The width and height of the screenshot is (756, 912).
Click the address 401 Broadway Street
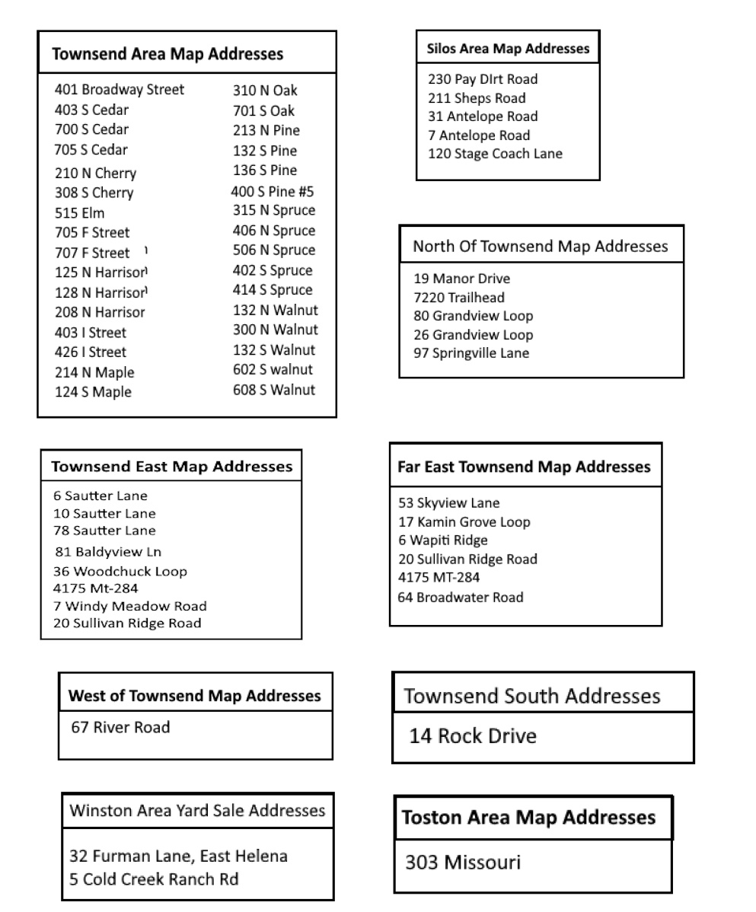[x=119, y=90]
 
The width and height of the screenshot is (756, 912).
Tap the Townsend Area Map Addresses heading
[x=167, y=54]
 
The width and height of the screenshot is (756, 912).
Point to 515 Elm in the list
[x=79, y=213]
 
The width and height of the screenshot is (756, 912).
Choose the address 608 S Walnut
[x=273, y=390]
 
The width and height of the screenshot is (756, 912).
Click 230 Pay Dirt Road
[x=483, y=79]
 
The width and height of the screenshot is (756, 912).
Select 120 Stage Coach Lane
[x=495, y=154]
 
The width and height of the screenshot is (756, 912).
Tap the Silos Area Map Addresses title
[x=507, y=49]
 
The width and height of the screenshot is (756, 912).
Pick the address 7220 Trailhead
[x=458, y=298]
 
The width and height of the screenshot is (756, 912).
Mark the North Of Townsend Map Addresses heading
[x=541, y=246]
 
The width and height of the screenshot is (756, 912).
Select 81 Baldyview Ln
[x=108, y=552]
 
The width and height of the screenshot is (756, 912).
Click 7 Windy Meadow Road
[x=129, y=606]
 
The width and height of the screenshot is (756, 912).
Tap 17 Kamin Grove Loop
[x=464, y=522]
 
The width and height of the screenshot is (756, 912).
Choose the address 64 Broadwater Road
[x=460, y=598]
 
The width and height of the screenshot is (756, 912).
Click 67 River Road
[x=120, y=727]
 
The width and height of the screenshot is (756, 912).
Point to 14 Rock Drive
[x=472, y=736]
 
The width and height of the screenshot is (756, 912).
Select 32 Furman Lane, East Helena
[x=178, y=856]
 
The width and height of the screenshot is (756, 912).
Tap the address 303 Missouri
[x=463, y=863]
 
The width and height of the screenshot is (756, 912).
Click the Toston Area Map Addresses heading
[x=528, y=818]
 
